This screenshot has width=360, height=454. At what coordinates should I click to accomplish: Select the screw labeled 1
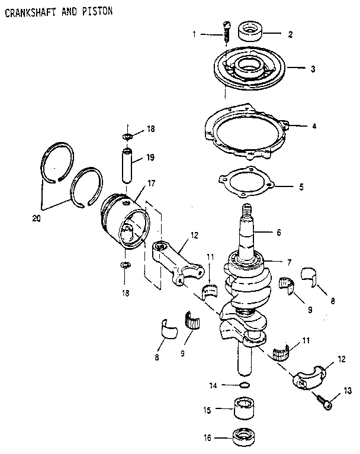tap(226, 32)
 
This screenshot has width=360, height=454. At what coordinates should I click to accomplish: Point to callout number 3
tap(312, 69)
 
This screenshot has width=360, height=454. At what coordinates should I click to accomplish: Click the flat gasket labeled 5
tap(246, 183)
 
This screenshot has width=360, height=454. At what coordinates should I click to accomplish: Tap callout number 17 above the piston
tap(152, 183)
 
